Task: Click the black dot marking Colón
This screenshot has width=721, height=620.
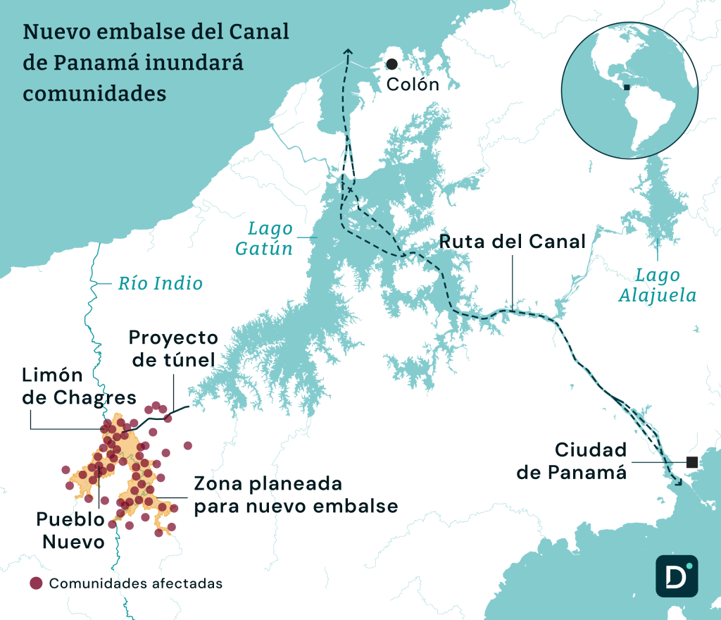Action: tap(391, 64)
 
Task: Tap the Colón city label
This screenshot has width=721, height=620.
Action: tap(413, 85)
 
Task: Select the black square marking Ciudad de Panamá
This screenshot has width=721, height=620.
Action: tap(691, 462)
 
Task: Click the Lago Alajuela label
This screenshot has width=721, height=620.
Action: tap(657, 285)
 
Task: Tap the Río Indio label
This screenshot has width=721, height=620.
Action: tap(160, 283)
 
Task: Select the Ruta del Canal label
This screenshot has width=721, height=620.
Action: tap(513, 242)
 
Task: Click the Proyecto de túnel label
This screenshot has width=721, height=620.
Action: tap(173, 349)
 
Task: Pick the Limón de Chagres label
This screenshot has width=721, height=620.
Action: tap(79, 385)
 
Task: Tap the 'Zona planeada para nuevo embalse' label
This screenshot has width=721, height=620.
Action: tap(296, 495)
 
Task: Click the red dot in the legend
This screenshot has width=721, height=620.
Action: tap(36, 583)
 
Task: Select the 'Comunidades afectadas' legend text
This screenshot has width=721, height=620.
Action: tap(136, 583)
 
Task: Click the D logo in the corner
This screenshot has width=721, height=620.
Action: tap(676, 576)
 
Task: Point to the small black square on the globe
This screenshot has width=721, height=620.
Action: tap(627, 88)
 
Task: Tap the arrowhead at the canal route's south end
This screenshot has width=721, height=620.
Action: tap(679, 483)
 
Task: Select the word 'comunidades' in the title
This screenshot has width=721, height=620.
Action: tap(94, 93)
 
